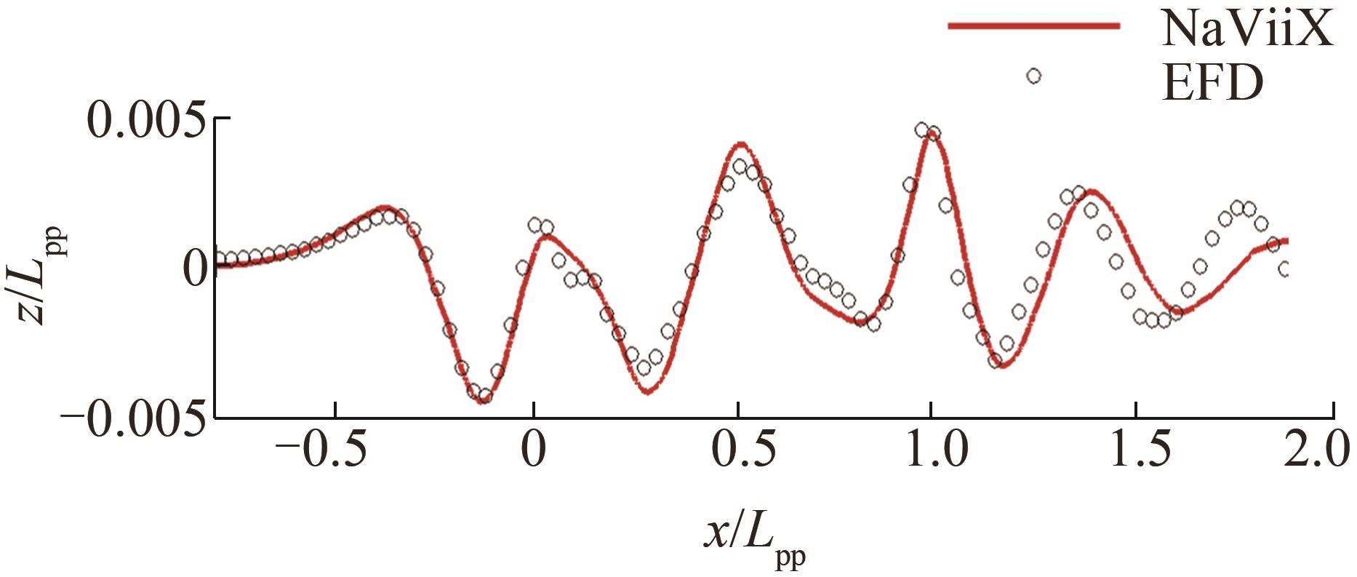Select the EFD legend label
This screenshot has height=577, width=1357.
(x=1213, y=84)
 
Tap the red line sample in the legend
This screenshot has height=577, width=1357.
(x=1033, y=26)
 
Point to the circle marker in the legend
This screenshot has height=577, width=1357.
(x=1033, y=76)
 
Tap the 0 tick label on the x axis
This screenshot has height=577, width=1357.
(x=534, y=452)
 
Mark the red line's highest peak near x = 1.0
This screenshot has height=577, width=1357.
(x=932, y=134)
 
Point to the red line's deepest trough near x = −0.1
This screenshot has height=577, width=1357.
(x=481, y=401)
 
